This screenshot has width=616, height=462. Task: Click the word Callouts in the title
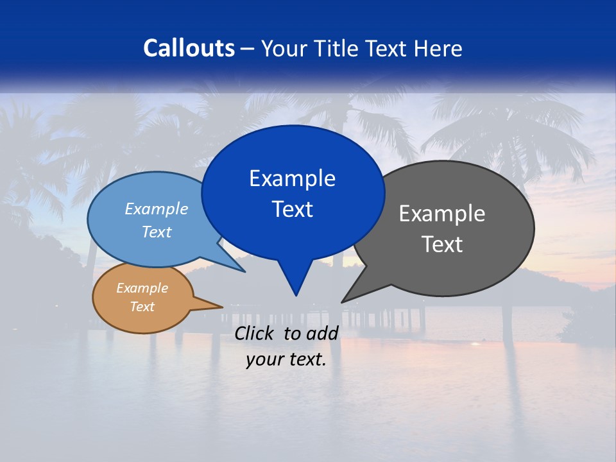pyautogui.click(x=189, y=48)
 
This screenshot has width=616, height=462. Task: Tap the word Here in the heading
pyautogui.click(x=438, y=49)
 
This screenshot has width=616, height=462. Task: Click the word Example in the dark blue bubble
pyautogui.click(x=292, y=178)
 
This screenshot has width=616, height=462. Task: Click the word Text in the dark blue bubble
pyautogui.click(x=292, y=209)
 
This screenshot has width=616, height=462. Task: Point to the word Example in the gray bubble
pyautogui.click(x=442, y=214)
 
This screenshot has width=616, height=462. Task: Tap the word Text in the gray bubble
pyautogui.click(x=442, y=244)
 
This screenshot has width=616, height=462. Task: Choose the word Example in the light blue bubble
pyautogui.click(x=157, y=209)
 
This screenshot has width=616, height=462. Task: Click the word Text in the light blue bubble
pyautogui.click(x=157, y=232)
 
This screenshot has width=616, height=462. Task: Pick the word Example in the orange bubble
pyautogui.click(x=142, y=288)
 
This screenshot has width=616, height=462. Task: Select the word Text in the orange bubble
pyautogui.click(x=142, y=307)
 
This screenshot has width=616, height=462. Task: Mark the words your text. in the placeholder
pyautogui.click(x=286, y=360)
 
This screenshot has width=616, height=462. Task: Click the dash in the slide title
pyautogui.click(x=248, y=49)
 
